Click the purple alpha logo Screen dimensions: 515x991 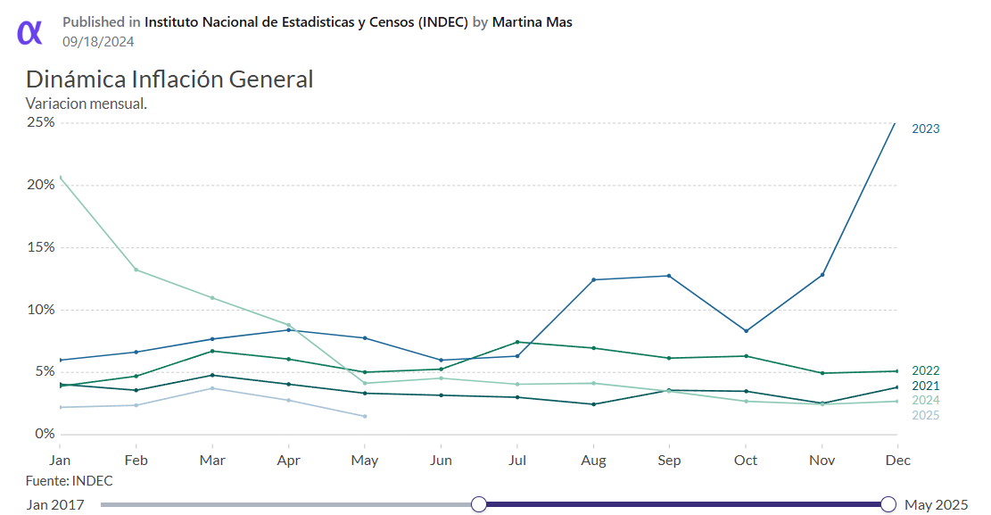pos(29,31)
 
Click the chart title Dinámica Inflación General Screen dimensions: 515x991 pos(169,79)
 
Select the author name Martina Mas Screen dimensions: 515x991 pos(532,22)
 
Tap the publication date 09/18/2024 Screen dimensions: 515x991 pos(98,41)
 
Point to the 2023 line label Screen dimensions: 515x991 pos(925,129)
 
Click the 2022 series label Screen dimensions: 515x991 pos(925,370)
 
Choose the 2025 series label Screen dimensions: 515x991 pos(925,415)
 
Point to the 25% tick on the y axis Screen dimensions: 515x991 pos(40,122)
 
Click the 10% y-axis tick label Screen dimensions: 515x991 pos(40,310)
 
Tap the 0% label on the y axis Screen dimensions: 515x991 pos(44,434)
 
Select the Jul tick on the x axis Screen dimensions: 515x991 pos(516,461)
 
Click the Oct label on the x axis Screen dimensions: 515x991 pos(745,461)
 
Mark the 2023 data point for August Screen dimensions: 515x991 pos(593,280)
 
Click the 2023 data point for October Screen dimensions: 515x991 pos(746,331)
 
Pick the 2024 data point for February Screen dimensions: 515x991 pos(136,270)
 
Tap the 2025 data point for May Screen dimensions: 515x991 pos(365,416)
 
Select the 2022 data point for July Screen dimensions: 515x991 pos(516,342)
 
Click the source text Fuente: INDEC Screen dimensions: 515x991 pos(70,481)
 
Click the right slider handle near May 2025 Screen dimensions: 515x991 pos(888,504)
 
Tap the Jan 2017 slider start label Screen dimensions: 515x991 pos(55,505)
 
